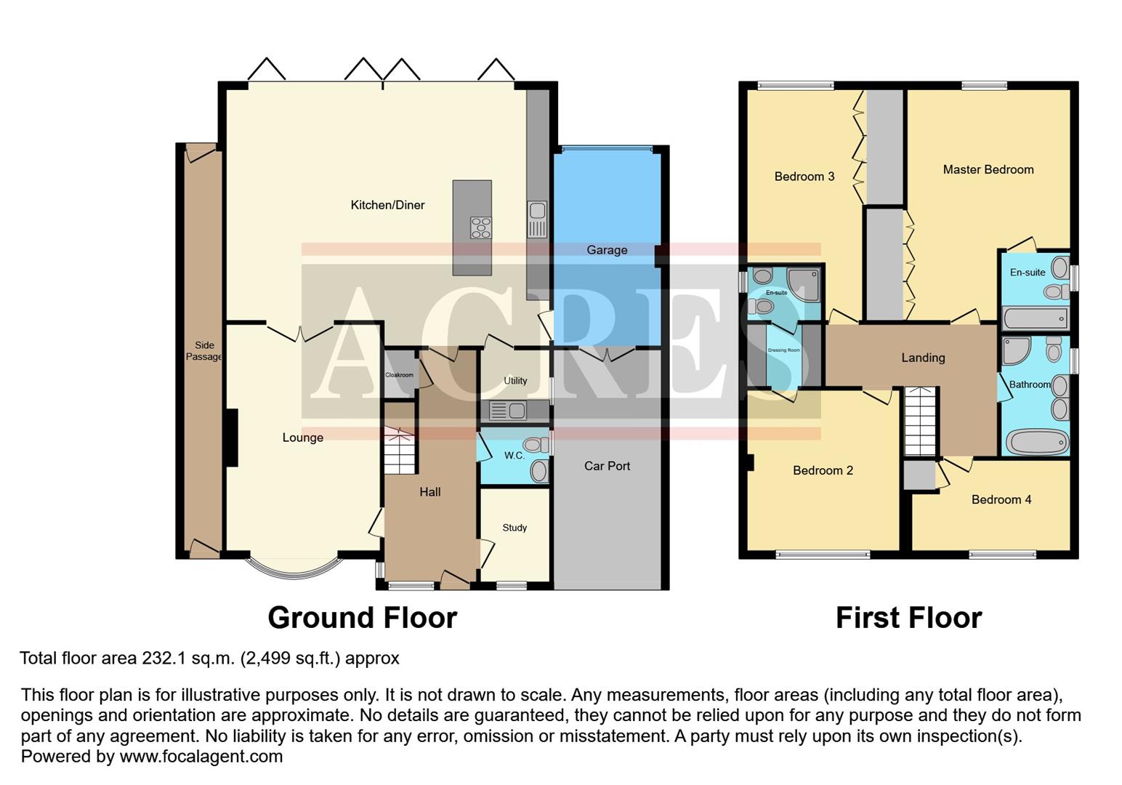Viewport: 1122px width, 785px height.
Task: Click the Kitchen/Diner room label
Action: coord(387,205)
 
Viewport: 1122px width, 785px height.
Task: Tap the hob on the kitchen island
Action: coord(480,228)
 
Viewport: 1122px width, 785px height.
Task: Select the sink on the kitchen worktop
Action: coord(537,212)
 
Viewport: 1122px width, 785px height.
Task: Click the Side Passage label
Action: coord(204,351)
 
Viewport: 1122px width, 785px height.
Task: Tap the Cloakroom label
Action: coord(399,375)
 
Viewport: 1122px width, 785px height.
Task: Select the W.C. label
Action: coord(514,456)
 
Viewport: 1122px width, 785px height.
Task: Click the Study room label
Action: coord(514,528)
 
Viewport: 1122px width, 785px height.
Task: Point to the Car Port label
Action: coord(607,466)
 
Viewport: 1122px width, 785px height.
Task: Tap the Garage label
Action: coord(607,250)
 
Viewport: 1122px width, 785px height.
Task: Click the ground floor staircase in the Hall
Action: coord(399,451)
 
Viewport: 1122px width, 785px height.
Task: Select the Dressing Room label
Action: coord(783,350)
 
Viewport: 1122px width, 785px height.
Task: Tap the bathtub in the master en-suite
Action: coord(1035,318)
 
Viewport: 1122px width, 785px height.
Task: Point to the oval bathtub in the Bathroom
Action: coord(1037,441)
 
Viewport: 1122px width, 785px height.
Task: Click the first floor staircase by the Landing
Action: coord(920,422)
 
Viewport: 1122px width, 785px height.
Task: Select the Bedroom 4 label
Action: coord(1001,499)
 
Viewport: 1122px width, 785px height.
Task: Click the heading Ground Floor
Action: coord(362,618)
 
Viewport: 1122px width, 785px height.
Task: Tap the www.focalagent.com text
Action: coord(201,757)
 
